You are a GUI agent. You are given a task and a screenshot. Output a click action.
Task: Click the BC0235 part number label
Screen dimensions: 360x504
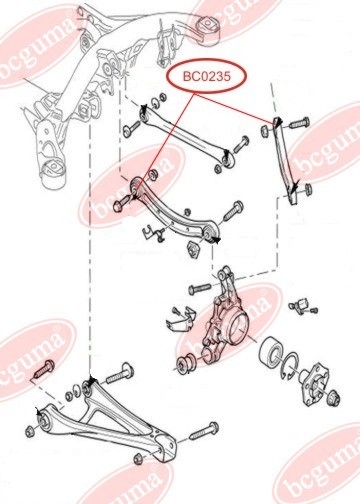pos(207,76)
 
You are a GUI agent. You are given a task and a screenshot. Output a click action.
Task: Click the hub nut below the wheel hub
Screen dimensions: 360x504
pos(333,398)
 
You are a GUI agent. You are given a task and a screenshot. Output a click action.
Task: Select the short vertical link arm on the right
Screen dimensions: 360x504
pos(285,160)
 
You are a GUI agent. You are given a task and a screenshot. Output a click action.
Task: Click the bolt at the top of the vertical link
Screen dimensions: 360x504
pos(299,122)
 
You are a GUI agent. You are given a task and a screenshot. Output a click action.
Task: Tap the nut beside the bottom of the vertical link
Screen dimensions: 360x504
pos(308,189)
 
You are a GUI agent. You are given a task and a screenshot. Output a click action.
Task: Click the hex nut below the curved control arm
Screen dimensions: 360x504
pos(193,249)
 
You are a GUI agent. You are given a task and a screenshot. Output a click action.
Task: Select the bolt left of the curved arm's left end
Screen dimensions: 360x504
pos(122,204)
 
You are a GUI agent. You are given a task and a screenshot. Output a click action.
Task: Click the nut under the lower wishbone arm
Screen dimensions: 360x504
pos(138,459)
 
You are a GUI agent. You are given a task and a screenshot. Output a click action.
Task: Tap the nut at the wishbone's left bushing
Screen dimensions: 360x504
pos(30,432)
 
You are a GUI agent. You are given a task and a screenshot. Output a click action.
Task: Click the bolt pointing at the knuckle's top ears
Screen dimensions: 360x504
pos(200,288)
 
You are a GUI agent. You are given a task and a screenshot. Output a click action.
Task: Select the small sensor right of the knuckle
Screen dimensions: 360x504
pos(303,306)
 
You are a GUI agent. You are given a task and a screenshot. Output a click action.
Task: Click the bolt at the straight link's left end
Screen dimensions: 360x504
pos(131,129)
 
